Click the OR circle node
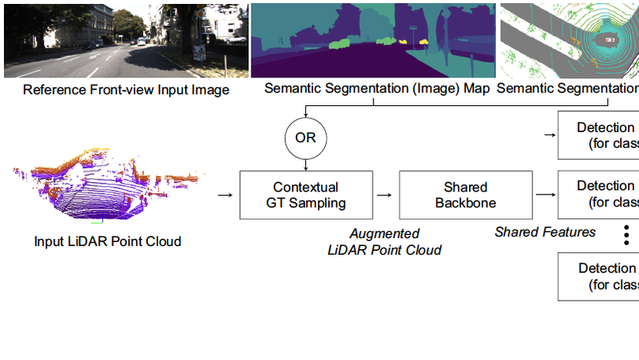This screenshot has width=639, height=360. (x=305, y=138)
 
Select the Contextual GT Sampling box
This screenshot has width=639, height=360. (x=305, y=195)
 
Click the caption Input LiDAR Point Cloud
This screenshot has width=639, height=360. (x=108, y=241)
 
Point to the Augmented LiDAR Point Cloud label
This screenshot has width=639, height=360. (x=384, y=242)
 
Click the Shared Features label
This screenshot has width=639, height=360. (x=545, y=232)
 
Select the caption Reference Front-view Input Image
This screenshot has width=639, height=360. (x=126, y=89)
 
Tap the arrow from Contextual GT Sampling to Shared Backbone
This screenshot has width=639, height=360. (x=384, y=195)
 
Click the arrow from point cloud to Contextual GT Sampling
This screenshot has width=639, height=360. (x=225, y=195)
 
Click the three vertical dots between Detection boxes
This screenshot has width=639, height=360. (x=626, y=235)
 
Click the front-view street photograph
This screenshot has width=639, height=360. (x=125, y=39)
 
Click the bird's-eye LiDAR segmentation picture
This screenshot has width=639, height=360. (x=569, y=39)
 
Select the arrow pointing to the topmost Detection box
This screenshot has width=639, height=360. (x=549, y=135)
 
